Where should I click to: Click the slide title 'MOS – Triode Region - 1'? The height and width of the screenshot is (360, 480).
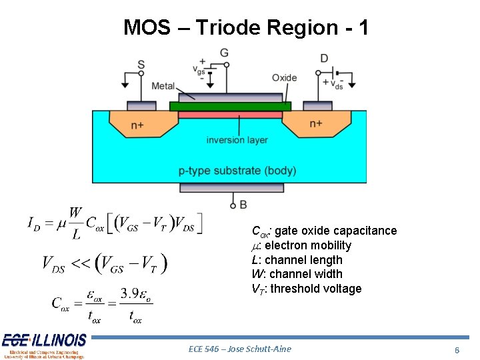245,27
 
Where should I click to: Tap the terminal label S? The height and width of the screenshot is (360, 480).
141,65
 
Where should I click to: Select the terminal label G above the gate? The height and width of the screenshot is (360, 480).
224,53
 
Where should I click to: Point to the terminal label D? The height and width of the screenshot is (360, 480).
324,59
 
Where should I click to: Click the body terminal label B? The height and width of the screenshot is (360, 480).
243,204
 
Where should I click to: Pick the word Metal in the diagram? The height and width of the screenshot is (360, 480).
163,86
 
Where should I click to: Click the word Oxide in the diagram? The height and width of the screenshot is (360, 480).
284,77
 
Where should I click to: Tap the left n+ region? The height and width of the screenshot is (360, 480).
137,125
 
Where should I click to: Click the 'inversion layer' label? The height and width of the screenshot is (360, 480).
237,140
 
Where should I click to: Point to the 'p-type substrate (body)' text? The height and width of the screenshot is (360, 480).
237,171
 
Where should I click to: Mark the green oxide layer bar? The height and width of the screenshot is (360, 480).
230,106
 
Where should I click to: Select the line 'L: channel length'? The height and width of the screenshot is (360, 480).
297,260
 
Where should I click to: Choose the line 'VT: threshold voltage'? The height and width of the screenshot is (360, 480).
306,289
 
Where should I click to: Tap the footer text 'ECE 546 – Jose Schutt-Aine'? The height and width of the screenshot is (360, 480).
240,349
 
